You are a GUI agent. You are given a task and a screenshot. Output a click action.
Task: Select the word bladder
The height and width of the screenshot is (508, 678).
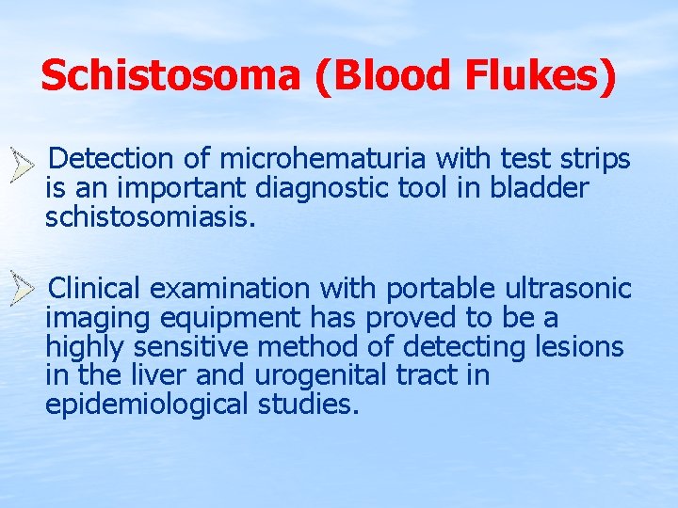point(540,188)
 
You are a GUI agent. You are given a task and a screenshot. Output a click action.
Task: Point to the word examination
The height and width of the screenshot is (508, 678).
point(230,287)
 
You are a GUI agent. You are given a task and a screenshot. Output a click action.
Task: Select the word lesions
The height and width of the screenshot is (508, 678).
point(578,347)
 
